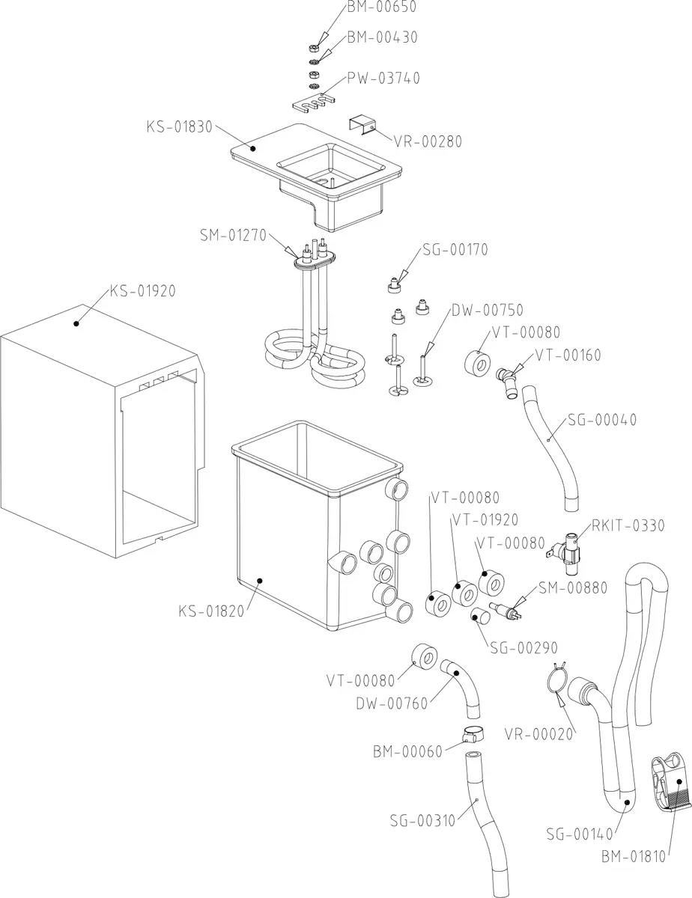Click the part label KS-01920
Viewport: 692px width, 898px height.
click(142, 291)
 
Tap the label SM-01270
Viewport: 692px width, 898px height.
click(233, 235)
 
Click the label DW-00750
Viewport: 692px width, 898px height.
click(487, 310)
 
